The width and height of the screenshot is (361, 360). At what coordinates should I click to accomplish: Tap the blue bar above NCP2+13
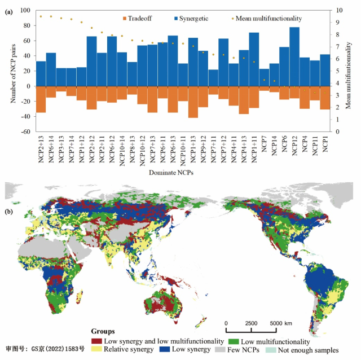click(41, 73)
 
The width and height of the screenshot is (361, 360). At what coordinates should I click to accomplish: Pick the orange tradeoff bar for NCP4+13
click(244, 100)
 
